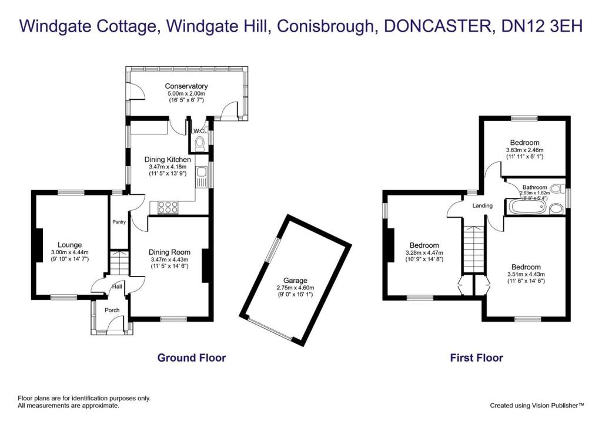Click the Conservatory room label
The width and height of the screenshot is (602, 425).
[186, 86]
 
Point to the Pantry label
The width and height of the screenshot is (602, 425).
[120, 222]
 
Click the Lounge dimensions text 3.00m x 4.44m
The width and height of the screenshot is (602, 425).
[70, 252]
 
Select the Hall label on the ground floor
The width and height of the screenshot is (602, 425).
[117, 287]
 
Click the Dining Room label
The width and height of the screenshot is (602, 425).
[169, 252]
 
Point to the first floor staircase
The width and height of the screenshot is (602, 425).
[474, 248]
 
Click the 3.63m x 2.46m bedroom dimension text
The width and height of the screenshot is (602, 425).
[524, 150]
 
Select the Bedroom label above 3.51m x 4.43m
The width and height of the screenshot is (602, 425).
[526, 267]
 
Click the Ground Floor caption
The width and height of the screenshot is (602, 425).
[191, 357]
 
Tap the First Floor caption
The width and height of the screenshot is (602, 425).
[476, 357]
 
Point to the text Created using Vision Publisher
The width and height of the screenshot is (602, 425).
[537, 405]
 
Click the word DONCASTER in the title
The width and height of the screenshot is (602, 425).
[432, 26]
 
